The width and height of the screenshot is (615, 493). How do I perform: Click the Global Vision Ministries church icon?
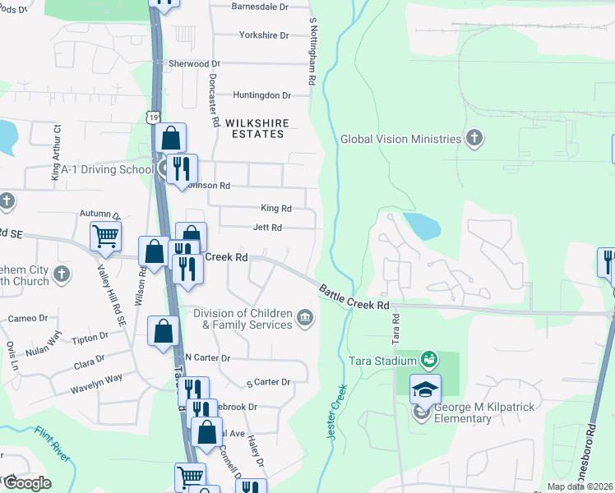click(474, 138)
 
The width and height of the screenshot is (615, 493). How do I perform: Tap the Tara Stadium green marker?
click(428, 359)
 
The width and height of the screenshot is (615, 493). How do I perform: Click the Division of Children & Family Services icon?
click(305, 318)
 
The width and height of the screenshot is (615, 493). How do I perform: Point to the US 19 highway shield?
click(154, 118)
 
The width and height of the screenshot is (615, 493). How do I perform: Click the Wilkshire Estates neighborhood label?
click(259, 128)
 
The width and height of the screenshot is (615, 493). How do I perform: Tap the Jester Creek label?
click(336, 410)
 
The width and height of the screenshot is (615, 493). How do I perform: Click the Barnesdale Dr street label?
click(261, 6)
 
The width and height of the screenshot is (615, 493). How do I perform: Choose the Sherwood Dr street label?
click(194, 63)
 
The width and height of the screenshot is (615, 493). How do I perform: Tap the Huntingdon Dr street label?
click(262, 95)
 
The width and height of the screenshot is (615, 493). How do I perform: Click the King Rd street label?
click(276, 209)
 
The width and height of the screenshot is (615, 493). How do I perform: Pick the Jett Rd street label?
click(267, 228)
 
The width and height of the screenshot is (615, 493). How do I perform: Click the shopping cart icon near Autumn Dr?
click(106, 237)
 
